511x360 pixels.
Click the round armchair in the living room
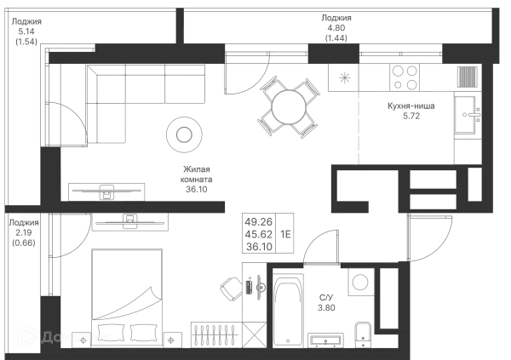tap(185, 134)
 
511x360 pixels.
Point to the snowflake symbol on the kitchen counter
tap(344, 77)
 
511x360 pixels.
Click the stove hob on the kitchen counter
tap(401, 78)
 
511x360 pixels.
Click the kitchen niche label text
tap(410, 111)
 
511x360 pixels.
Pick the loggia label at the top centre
tap(338, 27)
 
